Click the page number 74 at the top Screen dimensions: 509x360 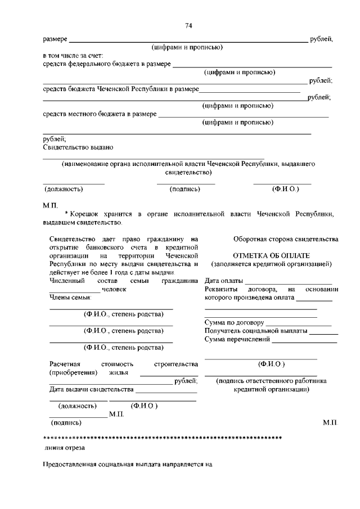coord(189,26)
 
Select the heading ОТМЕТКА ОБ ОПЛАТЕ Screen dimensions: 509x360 coord(271,255)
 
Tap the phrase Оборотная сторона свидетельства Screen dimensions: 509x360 coord(286,239)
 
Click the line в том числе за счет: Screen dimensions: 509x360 coord(73,56)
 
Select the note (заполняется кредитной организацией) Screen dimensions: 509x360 coord(271,264)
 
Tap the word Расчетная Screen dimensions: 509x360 coord(65,364)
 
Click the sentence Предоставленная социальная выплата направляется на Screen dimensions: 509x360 coord(129,465)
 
